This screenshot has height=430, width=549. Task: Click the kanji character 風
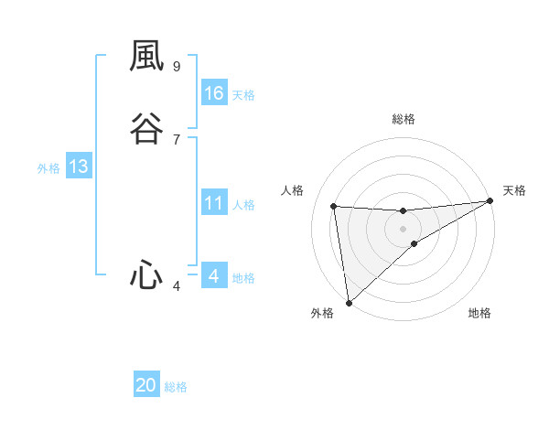(146, 58)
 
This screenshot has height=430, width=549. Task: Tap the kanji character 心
(146, 274)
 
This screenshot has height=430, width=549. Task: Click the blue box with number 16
(214, 93)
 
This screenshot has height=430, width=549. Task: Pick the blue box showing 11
(214, 203)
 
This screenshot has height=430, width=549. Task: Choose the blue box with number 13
(79, 167)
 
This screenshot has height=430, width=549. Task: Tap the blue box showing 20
(146, 385)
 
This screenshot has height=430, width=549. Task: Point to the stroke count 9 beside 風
(177, 66)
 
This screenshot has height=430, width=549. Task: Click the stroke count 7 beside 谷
(177, 139)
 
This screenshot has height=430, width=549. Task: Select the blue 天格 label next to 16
(243, 95)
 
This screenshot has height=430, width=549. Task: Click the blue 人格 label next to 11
(243, 205)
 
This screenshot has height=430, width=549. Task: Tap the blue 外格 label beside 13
(48, 168)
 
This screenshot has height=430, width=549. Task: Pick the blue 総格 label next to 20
(176, 387)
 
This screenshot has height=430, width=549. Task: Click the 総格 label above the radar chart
(404, 119)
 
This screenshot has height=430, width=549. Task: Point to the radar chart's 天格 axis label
(514, 190)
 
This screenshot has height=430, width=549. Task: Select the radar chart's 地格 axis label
(479, 313)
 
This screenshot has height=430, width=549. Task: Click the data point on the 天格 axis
(490, 201)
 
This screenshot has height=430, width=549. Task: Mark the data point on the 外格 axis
(348, 302)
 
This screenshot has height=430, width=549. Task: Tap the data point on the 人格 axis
(334, 206)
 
